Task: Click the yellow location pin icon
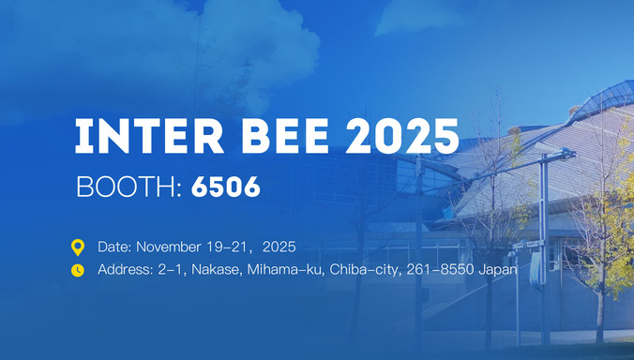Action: point(78,247)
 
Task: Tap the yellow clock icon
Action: point(78,270)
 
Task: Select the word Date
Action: point(115,247)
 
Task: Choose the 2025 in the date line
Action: point(279,247)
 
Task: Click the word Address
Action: point(125,270)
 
